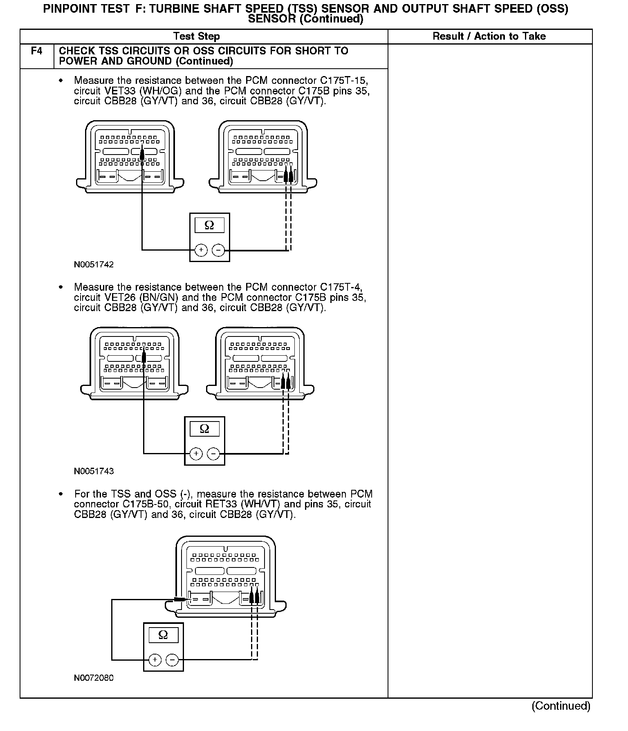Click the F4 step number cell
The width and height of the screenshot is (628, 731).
point(36,52)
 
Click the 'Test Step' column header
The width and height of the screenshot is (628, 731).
point(196,36)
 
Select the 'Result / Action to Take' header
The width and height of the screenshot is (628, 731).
point(489,36)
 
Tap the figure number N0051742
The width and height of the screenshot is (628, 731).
point(94,265)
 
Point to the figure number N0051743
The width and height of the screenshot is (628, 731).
point(94,471)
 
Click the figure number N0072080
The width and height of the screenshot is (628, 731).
point(94,678)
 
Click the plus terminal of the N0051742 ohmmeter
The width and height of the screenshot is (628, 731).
point(201,250)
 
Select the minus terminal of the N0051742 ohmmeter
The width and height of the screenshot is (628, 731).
point(218,250)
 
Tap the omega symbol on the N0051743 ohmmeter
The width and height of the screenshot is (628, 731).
point(204,429)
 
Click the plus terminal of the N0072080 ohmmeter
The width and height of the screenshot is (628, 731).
point(155,659)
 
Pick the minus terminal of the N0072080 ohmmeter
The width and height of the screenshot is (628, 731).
point(172,659)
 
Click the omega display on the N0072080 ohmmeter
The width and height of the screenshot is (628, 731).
point(163,635)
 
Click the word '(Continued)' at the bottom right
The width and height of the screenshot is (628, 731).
point(561,706)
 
